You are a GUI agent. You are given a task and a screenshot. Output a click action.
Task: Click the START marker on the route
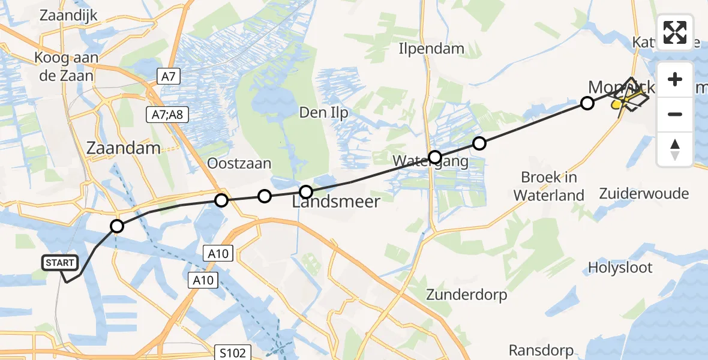click(60, 263)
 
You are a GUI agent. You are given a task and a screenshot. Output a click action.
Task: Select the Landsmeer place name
click(336, 202)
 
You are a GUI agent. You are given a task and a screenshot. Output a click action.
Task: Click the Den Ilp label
click(324, 112)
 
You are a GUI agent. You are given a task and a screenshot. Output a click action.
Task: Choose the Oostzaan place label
click(239, 163)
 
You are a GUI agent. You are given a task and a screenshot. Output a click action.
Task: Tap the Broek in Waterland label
click(548, 186)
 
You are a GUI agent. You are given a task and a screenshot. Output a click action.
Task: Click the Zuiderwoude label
click(644, 193)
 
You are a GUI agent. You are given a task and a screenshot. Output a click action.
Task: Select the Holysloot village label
click(620, 267)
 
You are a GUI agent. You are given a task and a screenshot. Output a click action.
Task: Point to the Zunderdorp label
click(466, 295)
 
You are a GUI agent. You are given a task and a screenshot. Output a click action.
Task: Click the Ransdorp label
click(541, 350)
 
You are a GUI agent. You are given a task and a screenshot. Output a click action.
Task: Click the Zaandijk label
click(68, 16)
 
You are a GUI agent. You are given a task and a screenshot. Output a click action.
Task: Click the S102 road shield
click(232, 353)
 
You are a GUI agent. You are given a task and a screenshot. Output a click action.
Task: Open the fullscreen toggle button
click(675, 32)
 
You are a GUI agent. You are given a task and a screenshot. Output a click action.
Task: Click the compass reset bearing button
click(675, 149)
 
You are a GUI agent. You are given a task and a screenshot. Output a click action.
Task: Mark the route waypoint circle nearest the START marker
click(117, 226)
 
